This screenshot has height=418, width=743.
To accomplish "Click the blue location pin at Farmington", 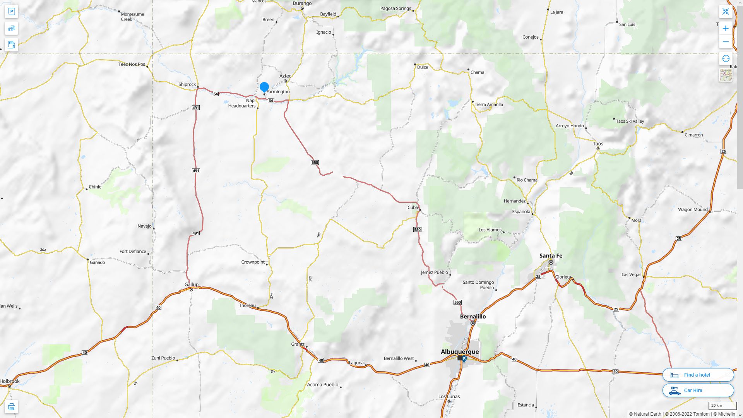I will (264, 87).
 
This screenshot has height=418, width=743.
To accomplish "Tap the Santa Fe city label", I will (551, 255).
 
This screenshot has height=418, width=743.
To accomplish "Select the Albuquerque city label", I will (460, 351).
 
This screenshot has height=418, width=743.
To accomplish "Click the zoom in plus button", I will (726, 28).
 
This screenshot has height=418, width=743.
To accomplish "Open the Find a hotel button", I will (698, 375).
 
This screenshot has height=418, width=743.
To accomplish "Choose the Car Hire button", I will (698, 390).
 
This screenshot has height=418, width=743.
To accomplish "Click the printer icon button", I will (11, 407).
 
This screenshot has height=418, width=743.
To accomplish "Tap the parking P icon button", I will (11, 12).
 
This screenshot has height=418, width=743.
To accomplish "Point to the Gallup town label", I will (191, 284).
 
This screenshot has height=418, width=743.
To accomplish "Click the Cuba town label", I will (413, 207).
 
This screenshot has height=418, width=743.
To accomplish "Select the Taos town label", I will (598, 144).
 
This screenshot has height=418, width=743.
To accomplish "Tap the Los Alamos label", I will (490, 230).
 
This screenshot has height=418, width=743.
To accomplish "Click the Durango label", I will (302, 3).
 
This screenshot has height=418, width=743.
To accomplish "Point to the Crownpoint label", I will (253, 262).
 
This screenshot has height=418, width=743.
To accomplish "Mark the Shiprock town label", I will (187, 84).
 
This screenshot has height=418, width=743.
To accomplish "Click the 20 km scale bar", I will (722, 406).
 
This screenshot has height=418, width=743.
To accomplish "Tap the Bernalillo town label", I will (473, 316).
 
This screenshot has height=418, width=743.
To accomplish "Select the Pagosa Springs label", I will (395, 8).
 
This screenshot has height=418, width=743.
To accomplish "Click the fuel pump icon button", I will (11, 45).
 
